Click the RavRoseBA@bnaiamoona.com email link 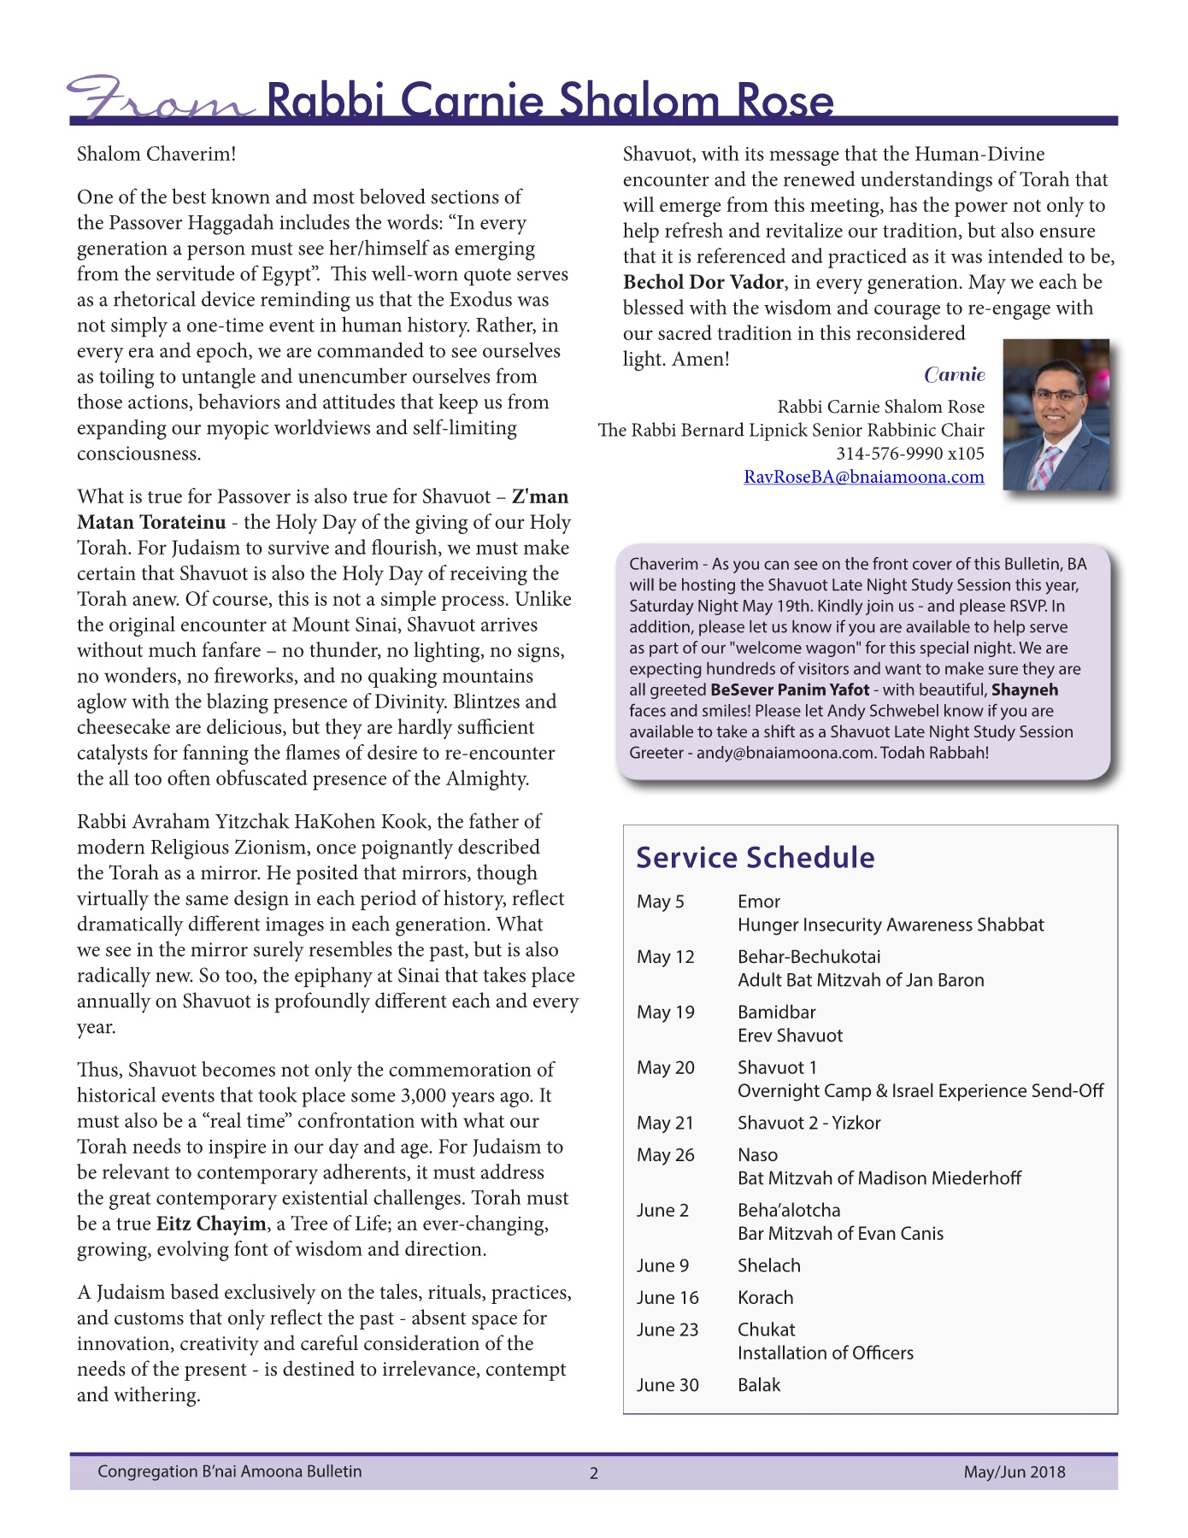pyautogui.click(x=863, y=477)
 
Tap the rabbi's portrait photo pyautogui.click(x=1056, y=414)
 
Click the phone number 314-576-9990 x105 pyautogui.click(x=909, y=454)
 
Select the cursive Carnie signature pyautogui.click(x=954, y=374)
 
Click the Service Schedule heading pyautogui.click(x=755, y=857)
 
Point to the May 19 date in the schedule pyautogui.click(x=665, y=1013)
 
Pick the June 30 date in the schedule pyautogui.click(x=667, y=1385)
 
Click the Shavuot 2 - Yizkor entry pyautogui.click(x=809, y=1123)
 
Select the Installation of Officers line pyautogui.click(x=825, y=1353)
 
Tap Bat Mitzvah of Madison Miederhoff pyautogui.click(x=879, y=1178)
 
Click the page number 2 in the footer pyautogui.click(x=594, y=1473)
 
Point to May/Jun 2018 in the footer pyautogui.click(x=1014, y=1471)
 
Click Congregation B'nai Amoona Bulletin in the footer pyautogui.click(x=229, y=1471)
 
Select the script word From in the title pyautogui.click(x=161, y=100)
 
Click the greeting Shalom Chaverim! pyautogui.click(x=156, y=154)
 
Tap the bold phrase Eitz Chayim pyautogui.click(x=211, y=1224)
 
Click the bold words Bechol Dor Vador pyautogui.click(x=703, y=282)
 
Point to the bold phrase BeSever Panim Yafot pyautogui.click(x=789, y=690)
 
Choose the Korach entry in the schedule pyautogui.click(x=765, y=1297)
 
